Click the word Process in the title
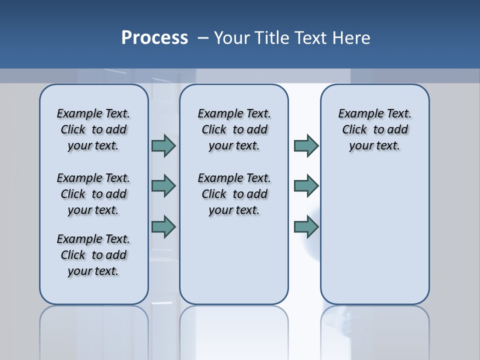(x=154, y=38)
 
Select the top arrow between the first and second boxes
(x=163, y=145)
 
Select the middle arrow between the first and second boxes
(x=163, y=186)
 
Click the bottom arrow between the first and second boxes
(x=163, y=227)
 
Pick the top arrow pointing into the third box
(x=306, y=145)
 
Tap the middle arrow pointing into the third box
(x=306, y=186)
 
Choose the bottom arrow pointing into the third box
(x=306, y=227)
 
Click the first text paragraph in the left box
(x=93, y=129)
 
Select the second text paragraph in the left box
(x=93, y=194)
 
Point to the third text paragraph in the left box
(x=93, y=255)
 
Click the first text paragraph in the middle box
(x=234, y=129)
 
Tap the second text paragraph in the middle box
(x=234, y=194)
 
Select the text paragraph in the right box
(x=374, y=129)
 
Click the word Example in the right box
(x=355, y=114)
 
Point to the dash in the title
(x=203, y=38)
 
